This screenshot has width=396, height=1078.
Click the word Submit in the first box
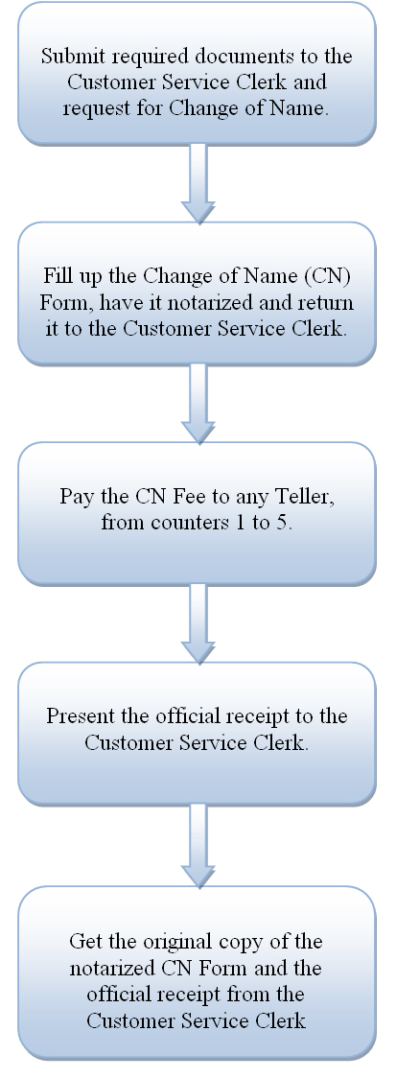(x=67, y=56)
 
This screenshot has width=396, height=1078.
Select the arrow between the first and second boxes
(x=198, y=183)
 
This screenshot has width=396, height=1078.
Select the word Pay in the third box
(x=75, y=497)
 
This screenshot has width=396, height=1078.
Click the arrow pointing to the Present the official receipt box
(x=198, y=623)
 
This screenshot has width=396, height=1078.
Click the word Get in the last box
(x=83, y=941)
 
